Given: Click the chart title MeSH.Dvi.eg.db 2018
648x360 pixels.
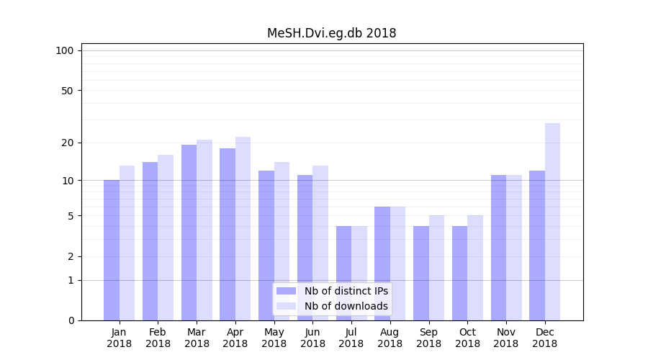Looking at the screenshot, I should (331, 33).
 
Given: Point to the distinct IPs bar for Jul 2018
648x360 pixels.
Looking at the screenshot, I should (343, 273).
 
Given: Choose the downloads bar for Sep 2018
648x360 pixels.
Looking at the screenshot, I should (436, 268).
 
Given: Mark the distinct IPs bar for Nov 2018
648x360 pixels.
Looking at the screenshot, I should (498, 248).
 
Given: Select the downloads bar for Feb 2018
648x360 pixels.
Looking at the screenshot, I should (166, 238).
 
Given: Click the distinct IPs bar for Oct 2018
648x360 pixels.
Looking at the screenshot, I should (459, 273).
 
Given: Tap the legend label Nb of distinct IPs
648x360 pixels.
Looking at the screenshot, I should (346, 291).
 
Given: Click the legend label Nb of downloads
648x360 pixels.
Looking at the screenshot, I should (346, 306).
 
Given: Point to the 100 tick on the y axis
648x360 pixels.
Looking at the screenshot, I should (65, 50).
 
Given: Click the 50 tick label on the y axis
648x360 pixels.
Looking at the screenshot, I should (67, 91).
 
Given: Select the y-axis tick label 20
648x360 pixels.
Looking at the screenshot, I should (67, 143).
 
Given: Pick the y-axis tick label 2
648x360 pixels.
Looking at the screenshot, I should (71, 256).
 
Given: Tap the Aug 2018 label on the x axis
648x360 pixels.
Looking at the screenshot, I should (390, 338).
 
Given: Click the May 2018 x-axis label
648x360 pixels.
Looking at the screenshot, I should (274, 338).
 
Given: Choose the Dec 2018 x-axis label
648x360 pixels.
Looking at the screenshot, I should (544, 338).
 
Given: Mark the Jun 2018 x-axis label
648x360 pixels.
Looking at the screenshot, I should (312, 338).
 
